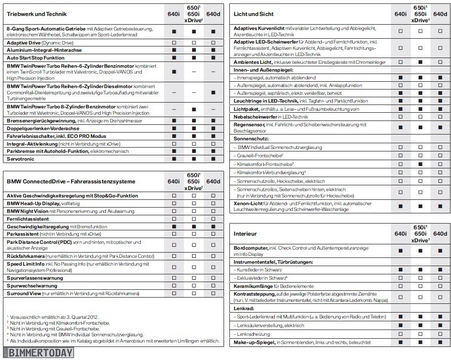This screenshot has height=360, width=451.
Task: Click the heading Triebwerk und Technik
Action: coord(37,15)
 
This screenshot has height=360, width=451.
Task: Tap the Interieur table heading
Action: coord(245,234)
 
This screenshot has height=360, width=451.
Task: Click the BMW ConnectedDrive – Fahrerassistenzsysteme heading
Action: coord(71,182)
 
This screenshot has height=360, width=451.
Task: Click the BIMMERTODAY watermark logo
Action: coord(39,352)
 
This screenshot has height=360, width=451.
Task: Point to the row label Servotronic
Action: coord(21,159)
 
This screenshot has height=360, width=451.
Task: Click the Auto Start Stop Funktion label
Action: coord(35,58)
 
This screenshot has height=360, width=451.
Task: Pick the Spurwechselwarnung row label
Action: coord(32,286)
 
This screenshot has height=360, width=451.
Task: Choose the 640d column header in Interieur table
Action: coord(440,234)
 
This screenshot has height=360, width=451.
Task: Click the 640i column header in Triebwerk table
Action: coord(174,15)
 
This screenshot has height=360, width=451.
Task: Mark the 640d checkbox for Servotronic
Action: coord(213,159)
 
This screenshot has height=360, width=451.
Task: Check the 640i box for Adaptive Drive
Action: coord(174,43)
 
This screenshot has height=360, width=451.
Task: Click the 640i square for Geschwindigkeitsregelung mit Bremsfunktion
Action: coord(174,226)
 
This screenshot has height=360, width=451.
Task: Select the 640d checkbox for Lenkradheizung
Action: coord(440,334)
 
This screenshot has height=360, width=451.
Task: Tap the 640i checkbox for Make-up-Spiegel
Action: coord(400,342)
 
